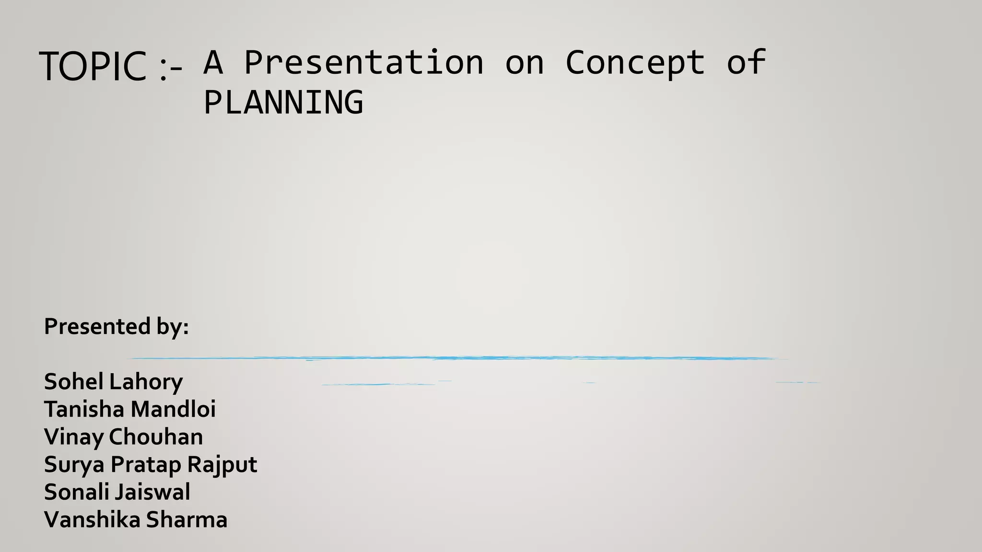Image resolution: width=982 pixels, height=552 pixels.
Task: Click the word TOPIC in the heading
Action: pyautogui.click(x=93, y=67)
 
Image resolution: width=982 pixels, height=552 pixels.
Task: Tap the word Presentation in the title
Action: pyautogui.click(x=364, y=63)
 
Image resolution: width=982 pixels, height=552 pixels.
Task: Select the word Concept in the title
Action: pyautogui.click(x=635, y=63)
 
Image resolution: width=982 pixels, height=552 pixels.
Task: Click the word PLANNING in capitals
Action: pyautogui.click(x=283, y=103)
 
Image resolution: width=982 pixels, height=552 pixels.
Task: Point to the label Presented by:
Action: pyautogui.click(x=116, y=327)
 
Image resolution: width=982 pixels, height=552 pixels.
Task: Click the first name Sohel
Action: pyautogui.click(x=73, y=382)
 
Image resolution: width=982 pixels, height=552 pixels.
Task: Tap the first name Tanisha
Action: pyautogui.click(x=84, y=409)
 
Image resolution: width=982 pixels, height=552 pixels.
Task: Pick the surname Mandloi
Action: pyautogui.click(x=173, y=409)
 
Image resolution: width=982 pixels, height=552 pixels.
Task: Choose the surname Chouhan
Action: pyautogui.click(x=156, y=437)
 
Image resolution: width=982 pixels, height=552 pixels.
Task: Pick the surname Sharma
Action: pyautogui.click(x=187, y=520)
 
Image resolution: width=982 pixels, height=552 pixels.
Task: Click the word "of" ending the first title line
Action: pyautogui.click(x=746, y=63)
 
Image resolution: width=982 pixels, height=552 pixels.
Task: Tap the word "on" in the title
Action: pyautogui.click(x=525, y=63)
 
